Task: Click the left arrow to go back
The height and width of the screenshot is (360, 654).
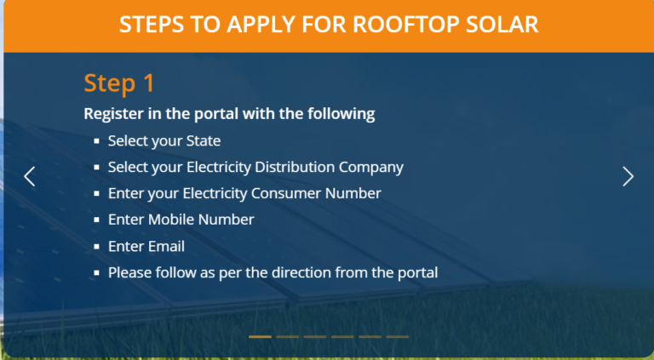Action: click(29, 176)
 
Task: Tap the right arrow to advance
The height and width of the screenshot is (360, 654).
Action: click(628, 176)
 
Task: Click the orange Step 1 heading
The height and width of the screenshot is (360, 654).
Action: click(119, 83)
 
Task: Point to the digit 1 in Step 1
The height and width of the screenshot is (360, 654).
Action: click(149, 83)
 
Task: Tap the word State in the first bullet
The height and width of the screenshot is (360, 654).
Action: click(204, 140)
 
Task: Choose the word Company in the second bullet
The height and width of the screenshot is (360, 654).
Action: click(370, 168)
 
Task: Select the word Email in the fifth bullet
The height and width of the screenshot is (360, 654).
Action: click(166, 246)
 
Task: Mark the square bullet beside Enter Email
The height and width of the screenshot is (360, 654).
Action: click(97, 247)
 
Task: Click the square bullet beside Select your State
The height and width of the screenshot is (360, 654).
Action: click(97, 141)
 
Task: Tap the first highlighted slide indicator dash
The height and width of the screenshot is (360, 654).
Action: click(260, 337)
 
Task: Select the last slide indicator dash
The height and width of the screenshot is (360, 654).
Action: click(398, 337)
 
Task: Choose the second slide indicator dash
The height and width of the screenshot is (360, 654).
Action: click(287, 337)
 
